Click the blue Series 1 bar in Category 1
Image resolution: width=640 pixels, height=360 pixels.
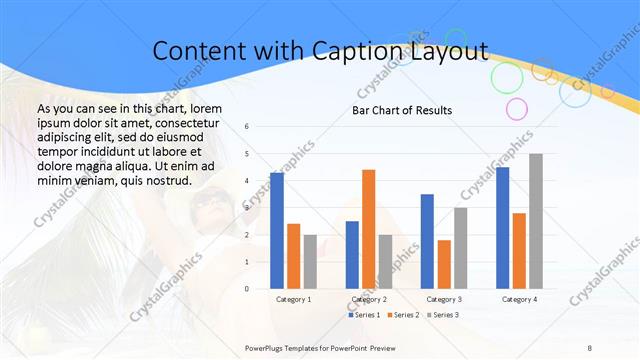pyautogui.click(x=276, y=230)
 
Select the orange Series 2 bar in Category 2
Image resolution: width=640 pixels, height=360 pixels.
pyautogui.click(x=368, y=229)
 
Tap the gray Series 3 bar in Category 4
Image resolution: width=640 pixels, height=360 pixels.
pyautogui.click(x=535, y=221)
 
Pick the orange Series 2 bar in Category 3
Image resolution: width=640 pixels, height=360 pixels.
pyautogui.click(x=444, y=264)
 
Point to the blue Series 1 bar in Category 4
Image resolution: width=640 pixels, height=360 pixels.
pyautogui.click(x=502, y=227)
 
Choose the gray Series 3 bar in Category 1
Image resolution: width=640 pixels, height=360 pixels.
pyautogui.click(x=310, y=261)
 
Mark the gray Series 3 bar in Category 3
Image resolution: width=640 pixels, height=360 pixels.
pyautogui.click(x=460, y=247)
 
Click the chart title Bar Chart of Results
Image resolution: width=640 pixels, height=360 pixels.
pyautogui.click(x=402, y=110)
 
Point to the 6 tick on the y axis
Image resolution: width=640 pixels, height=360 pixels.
pyautogui.click(x=247, y=127)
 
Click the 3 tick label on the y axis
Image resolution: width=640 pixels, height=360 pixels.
pyautogui.click(x=247, y=208)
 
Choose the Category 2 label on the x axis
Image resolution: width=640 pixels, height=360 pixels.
pyautogui.click(x=369, y=299)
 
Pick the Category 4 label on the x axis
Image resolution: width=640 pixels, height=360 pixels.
pyautogui.click(x=518, y=299)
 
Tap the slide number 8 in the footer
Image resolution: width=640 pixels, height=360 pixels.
pyautogui.click(x=590, y=346)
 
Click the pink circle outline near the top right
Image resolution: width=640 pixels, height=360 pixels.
pyautogui.click(x=516, y=108)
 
